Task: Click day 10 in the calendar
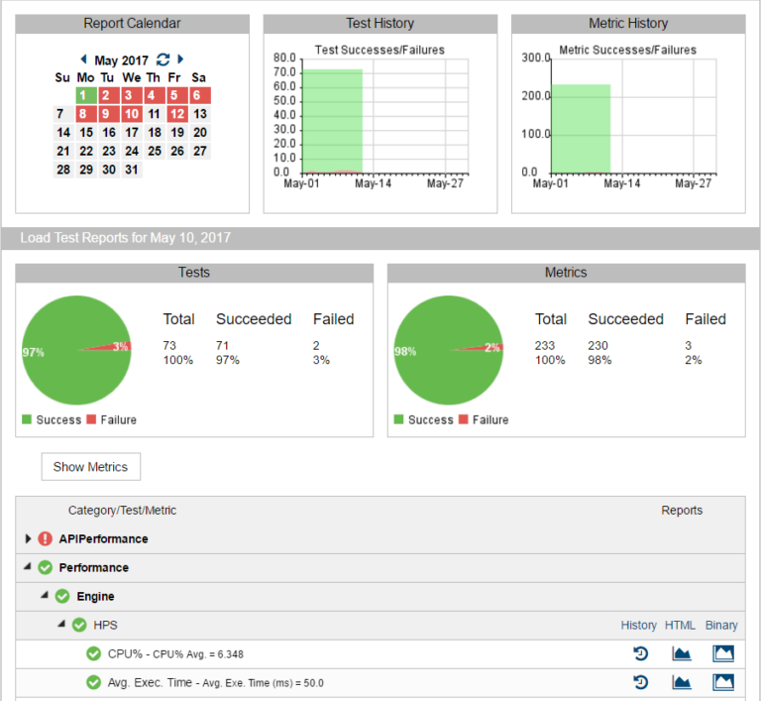pos(132,114)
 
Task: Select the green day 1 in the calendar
pos(86,95)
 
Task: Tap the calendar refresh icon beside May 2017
pos(163,59)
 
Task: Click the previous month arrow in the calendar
pos(83,59)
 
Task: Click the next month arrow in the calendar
pos(180,59)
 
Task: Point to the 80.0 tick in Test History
pos(285,58)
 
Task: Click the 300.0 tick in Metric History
pos(535,58)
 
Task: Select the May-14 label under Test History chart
pos(373,183)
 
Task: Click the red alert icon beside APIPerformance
pos(45,539)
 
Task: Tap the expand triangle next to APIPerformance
pos(28,539)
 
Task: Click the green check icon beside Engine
pos(62,597)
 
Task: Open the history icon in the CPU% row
pos(640,653)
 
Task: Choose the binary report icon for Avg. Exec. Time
pos(722,682)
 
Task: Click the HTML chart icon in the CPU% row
pos(682,653)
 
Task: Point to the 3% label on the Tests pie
pos(121,346)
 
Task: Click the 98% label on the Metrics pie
pos(404,352)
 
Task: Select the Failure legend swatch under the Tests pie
pos(92,420)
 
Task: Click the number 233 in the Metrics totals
pos(545,345)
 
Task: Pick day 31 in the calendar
pos(132,170)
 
